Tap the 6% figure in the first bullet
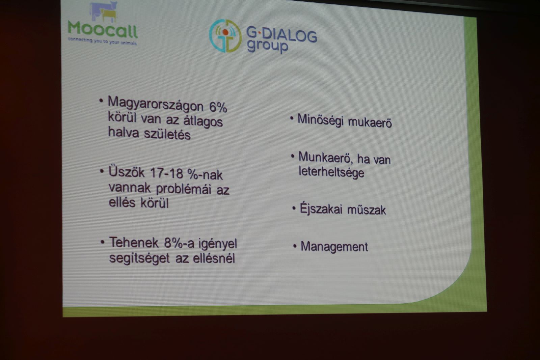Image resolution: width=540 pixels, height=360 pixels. [218, 107]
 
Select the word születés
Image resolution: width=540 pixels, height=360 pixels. [167, 134]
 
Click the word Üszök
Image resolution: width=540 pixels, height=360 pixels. [126, 172]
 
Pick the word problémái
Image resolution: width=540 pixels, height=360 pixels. [184, 189]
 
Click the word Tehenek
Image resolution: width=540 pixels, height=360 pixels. [134, 242]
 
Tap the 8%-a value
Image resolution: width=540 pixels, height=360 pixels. [179, 243]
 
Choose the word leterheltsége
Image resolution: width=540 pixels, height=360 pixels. [331, 172]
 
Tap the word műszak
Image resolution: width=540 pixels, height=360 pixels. [367, 210]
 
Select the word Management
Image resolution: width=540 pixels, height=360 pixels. [334, 247]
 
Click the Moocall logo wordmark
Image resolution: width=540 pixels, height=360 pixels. [103, 29]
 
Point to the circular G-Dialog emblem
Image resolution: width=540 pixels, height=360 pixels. [225, 36]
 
